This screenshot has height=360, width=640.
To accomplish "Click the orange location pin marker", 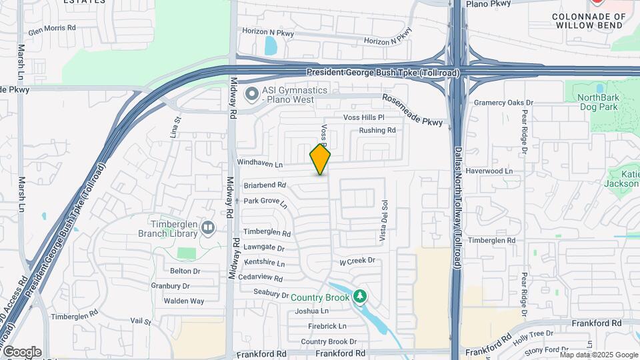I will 320,159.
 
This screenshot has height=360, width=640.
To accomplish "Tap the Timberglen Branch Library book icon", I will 209,229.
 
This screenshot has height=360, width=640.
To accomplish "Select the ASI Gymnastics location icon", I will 251,95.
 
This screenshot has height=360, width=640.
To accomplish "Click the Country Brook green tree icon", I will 360,295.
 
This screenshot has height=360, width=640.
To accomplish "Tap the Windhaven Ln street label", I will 260,163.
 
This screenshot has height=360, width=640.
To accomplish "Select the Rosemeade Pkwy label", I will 413,111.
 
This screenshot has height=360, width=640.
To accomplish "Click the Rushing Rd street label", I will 377,131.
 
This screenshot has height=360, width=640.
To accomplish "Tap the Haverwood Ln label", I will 489,171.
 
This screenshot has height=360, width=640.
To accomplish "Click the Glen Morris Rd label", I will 52,29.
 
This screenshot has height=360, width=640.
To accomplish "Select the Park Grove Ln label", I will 265,201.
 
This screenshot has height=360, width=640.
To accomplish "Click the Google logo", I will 22,352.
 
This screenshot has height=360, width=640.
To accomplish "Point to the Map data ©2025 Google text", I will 599,355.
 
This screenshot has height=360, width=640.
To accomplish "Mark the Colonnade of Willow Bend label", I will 590,20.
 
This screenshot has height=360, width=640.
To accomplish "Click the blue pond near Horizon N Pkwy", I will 271,45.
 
